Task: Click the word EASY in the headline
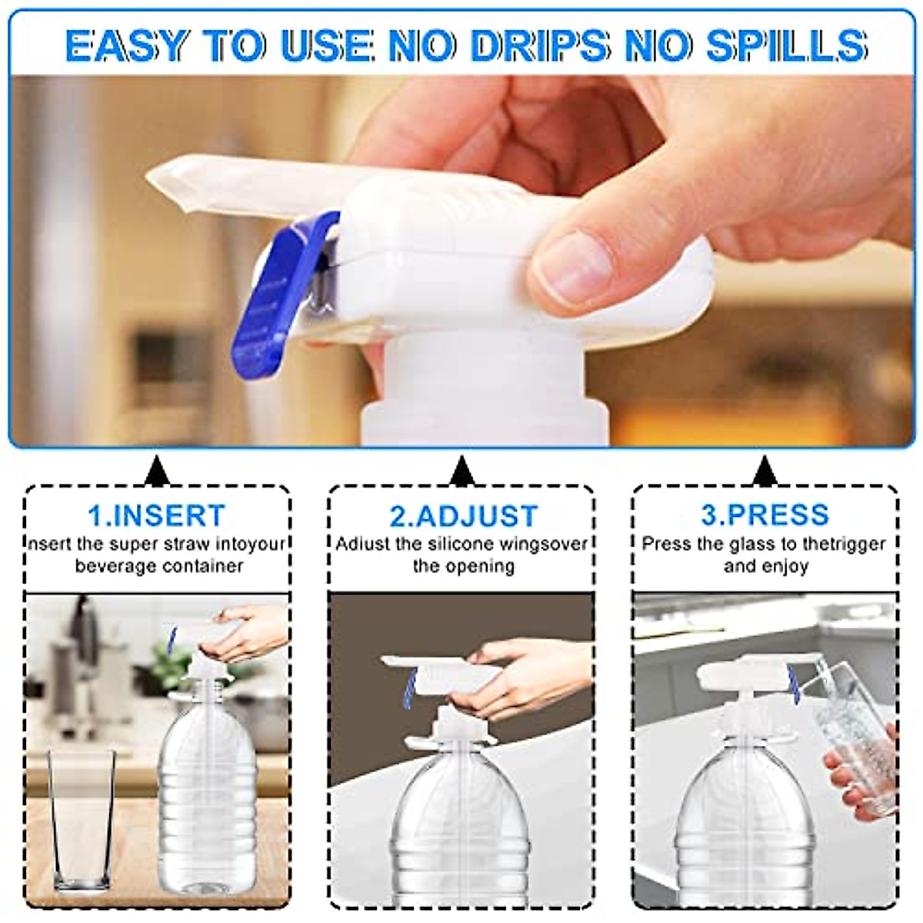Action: click(128, 45)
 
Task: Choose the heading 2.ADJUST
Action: click(463, 515)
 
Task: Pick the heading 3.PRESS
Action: click(765, 514)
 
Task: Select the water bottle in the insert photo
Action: click(208, 800)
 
